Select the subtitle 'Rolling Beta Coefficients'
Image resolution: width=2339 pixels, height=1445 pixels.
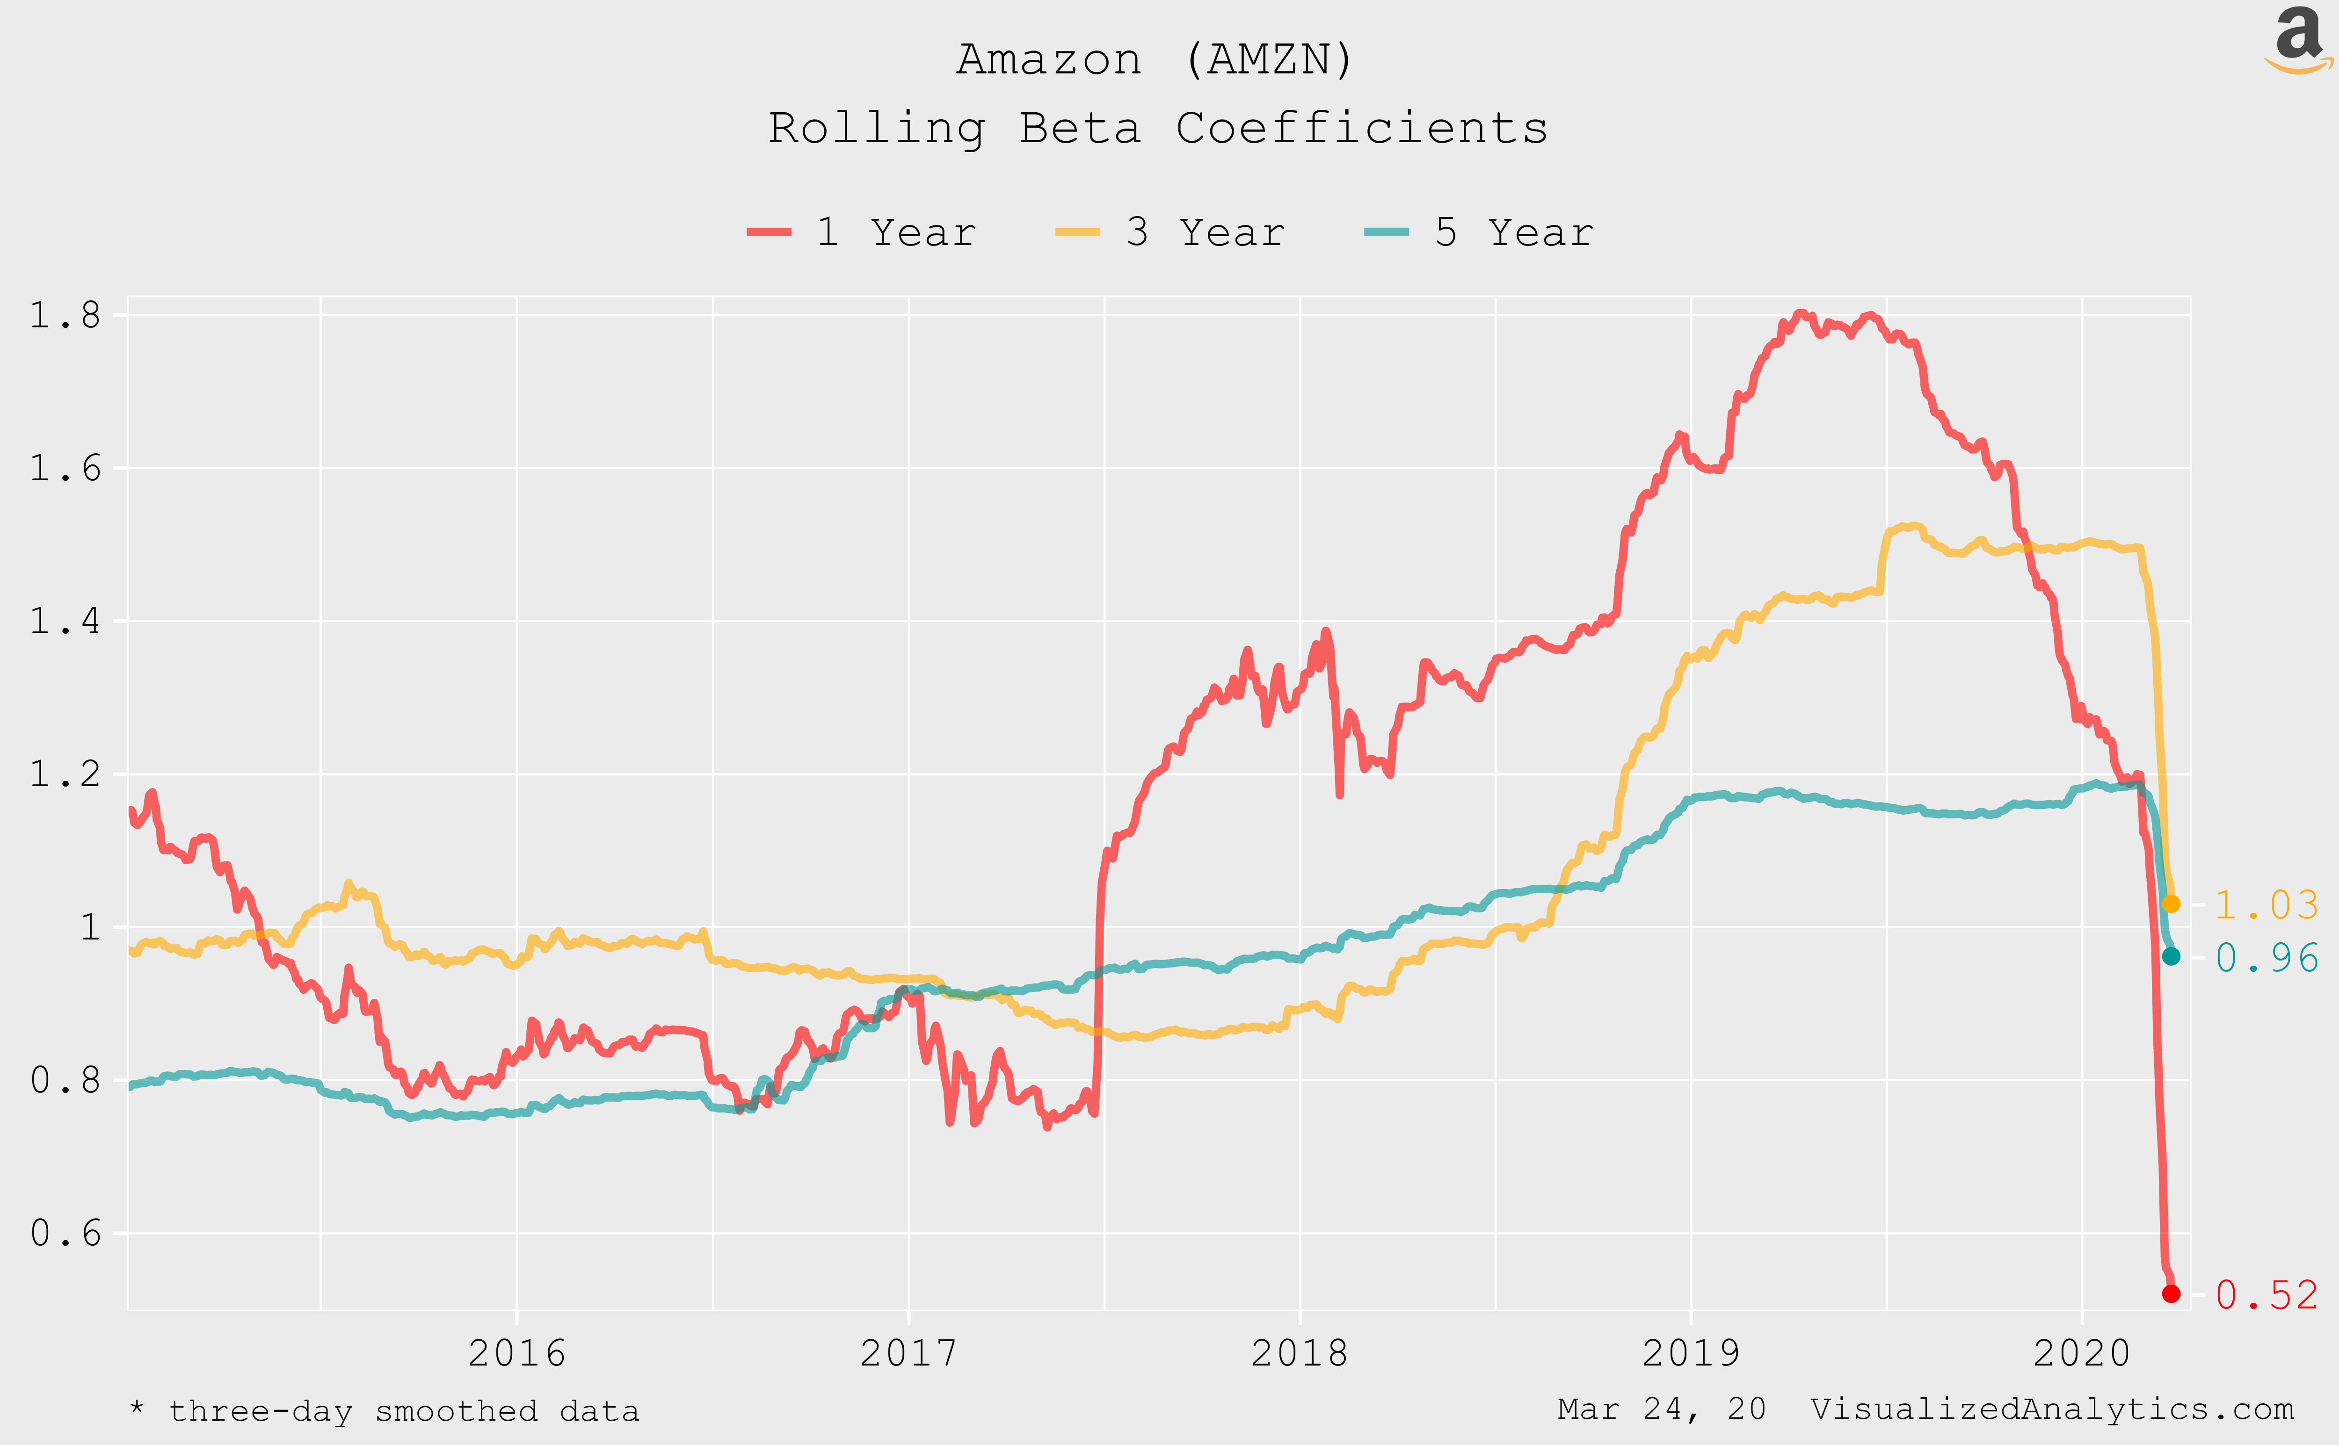pyautogui.click(x=1157, y=128)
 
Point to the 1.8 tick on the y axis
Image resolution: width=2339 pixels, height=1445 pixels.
pyautogui.click(x=65, y=315)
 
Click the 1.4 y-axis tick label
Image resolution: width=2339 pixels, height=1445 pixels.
pyautogui.click(x=65, y=621)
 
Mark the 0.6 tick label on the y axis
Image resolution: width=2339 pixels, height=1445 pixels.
pyautogui.click(x=65, y=1233)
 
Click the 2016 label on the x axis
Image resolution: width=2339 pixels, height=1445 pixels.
pyautogui.click(x=516, y=1353)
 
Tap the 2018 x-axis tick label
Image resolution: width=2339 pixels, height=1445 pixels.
pyautogui.click(x=1299, y=1353)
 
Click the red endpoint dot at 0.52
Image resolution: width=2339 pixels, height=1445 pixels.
pyautogui.click(x=2171, y=1293)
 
